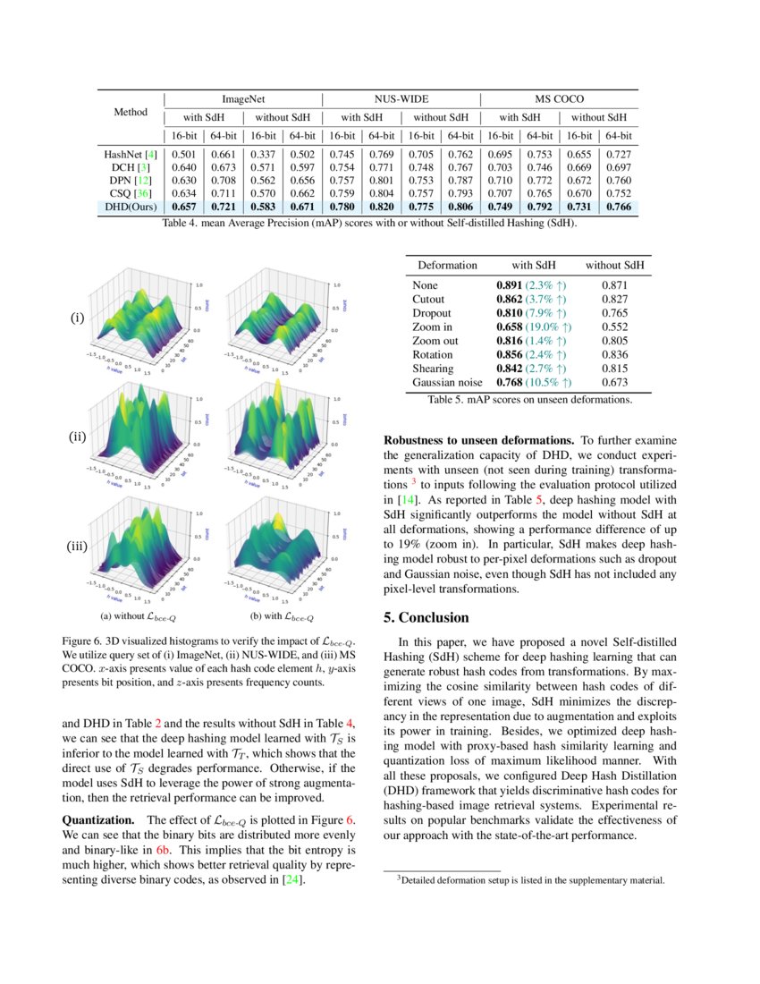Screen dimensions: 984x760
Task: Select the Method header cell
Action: click(131, 113)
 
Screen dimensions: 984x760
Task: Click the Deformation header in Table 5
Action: click(447, 266)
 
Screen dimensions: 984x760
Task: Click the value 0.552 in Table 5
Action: click(615, 327)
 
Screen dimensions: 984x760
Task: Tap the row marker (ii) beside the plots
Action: click(78, 437)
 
